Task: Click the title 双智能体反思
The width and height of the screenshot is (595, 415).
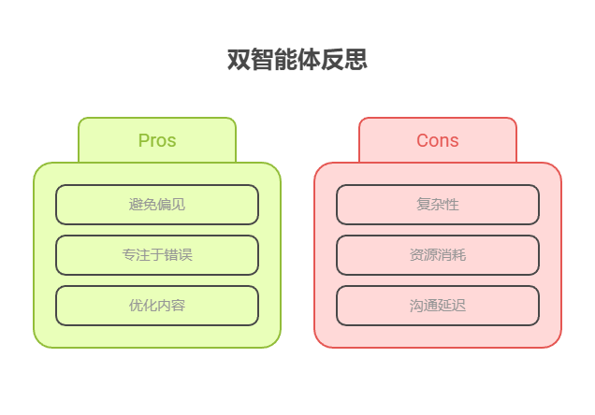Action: coord(297,60)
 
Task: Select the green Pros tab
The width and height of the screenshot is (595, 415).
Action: coord(157,140)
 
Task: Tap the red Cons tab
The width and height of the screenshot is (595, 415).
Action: coord(438,140)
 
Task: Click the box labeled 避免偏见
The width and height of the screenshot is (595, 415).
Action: coord(157,205)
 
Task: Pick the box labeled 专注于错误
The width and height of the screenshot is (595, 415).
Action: coord(157,255)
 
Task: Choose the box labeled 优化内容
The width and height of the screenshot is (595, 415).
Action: coord(157,306)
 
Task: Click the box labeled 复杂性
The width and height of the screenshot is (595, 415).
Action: coord(438,205)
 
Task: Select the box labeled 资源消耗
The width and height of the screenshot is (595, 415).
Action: coord(438,255)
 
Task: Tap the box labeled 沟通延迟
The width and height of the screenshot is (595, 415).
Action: coord(438,306)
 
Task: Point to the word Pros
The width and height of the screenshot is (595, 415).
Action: coord(157,140)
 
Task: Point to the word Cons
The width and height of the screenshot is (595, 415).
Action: coord(438,140)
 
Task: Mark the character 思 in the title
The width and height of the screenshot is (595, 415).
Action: coord(356,60)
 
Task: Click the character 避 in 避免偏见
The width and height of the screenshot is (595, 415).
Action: coord(136,205)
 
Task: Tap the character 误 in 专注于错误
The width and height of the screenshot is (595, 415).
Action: coord(185,255)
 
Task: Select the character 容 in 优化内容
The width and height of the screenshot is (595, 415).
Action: coord(179,306)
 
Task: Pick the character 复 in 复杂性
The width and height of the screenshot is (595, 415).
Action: coord(424,205)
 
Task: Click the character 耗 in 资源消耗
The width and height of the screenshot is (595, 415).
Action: coord(459,255)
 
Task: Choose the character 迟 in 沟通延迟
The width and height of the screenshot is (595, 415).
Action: coord(459,306)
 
